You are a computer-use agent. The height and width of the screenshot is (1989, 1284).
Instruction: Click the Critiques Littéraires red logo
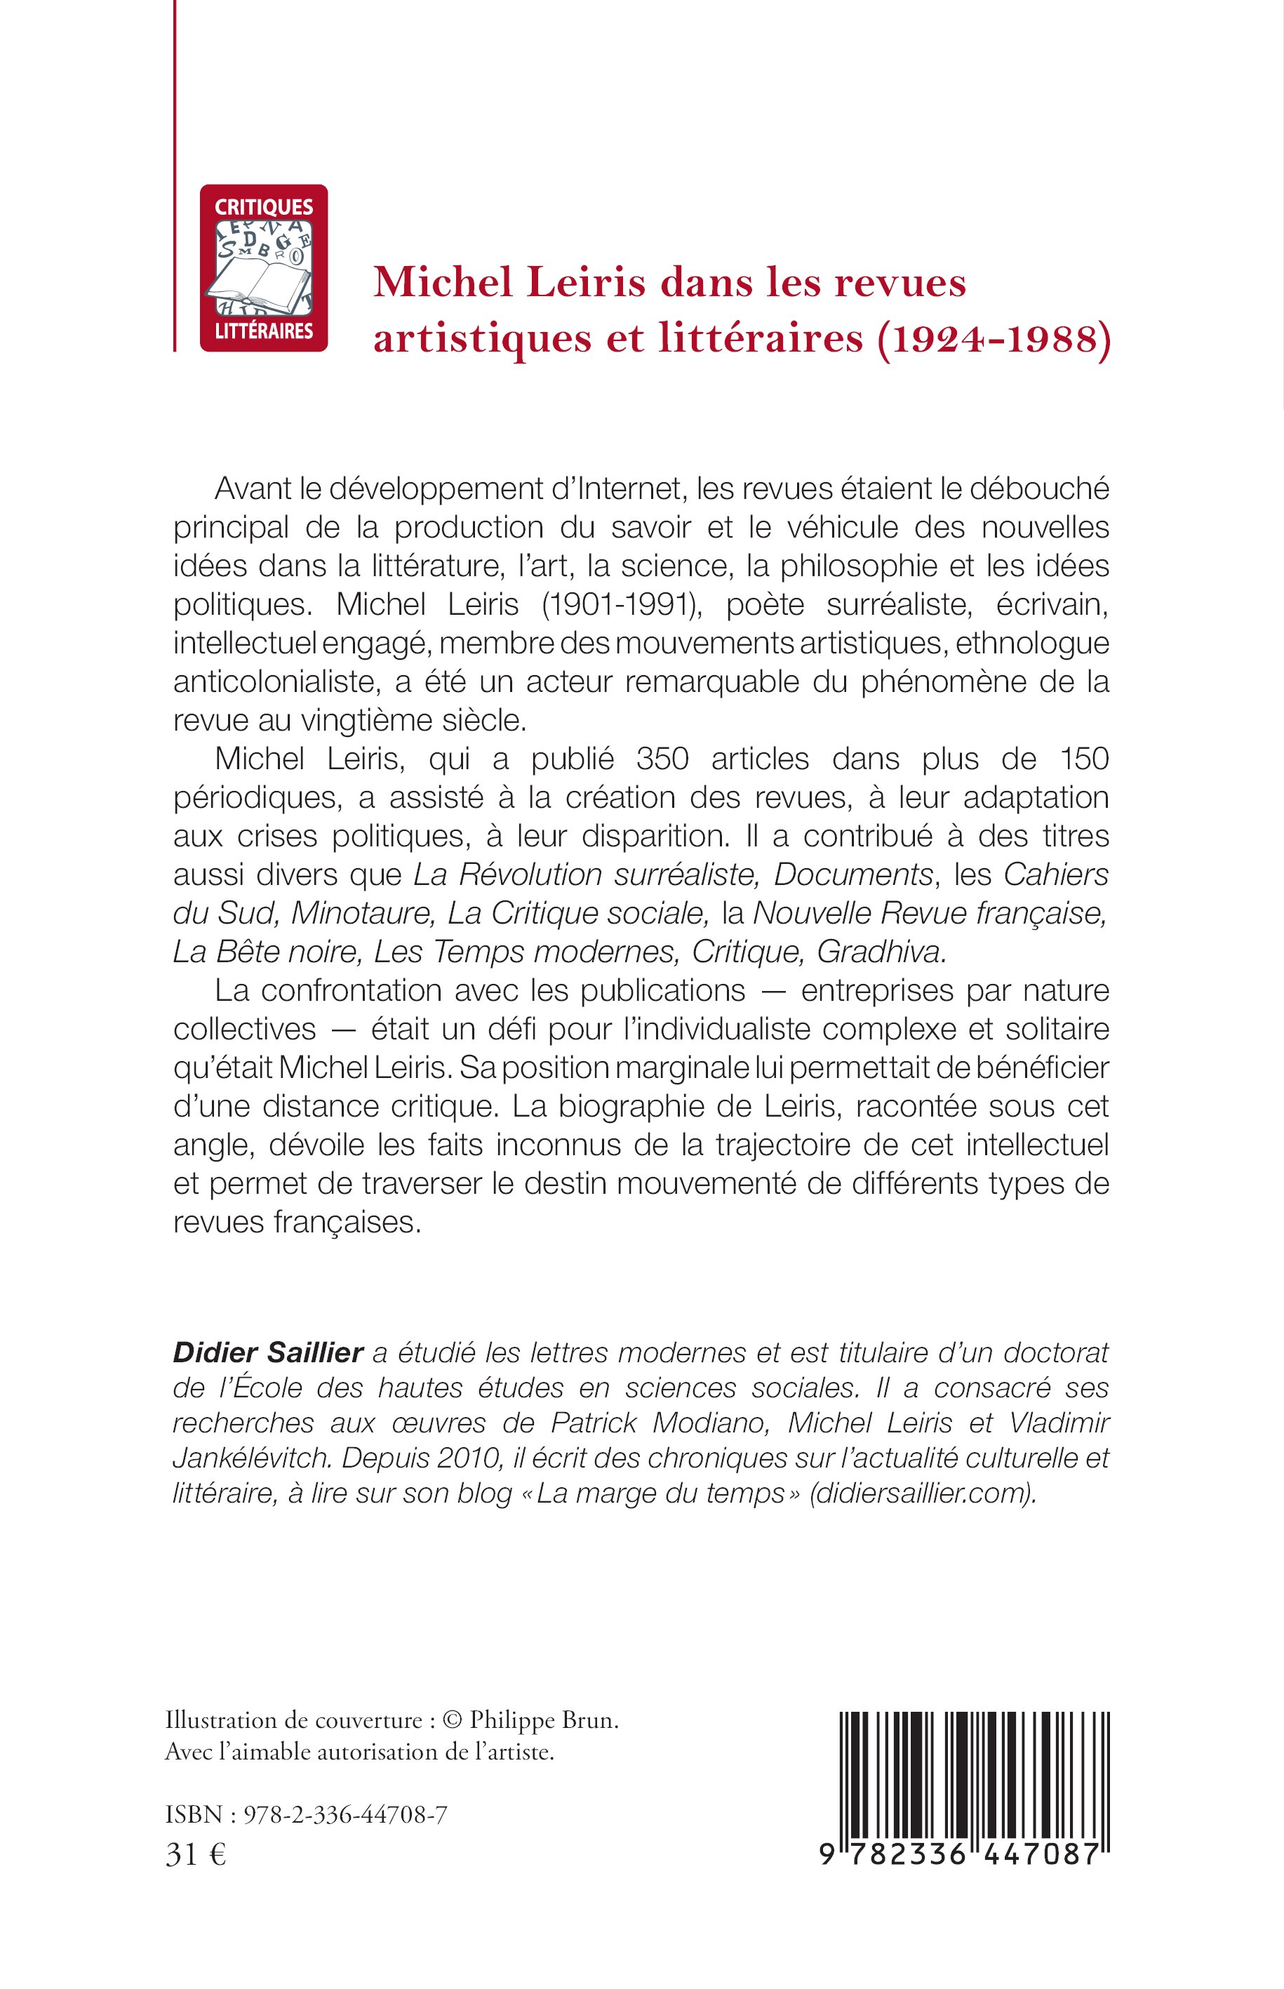264,267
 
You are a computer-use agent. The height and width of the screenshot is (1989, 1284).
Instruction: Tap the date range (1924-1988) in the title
993,340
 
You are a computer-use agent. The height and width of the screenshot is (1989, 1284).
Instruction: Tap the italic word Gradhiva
881,952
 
